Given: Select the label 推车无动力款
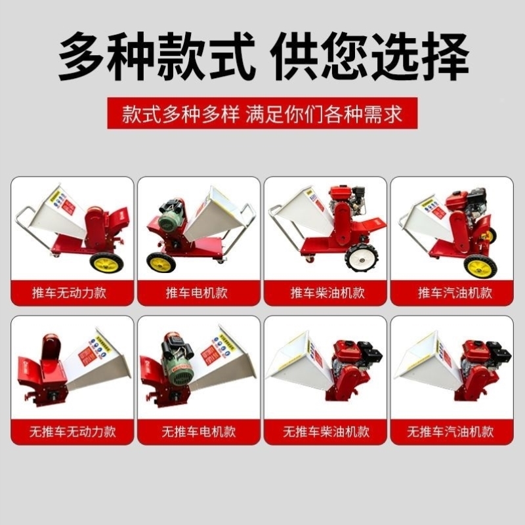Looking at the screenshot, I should [x=72, y=292].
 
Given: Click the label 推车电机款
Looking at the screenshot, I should [x=199, y=292].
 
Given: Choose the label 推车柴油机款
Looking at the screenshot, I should [x=326, y=292].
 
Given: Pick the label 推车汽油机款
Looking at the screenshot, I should [x=453, y=292].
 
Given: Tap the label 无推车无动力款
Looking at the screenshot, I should [x=72, y=432].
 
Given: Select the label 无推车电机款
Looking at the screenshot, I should [x=199, y=432].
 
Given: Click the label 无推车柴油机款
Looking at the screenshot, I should [x=326, y=432].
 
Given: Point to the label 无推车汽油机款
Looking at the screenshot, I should [x=453, y=432].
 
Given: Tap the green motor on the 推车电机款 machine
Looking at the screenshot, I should [x=173, y=214].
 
